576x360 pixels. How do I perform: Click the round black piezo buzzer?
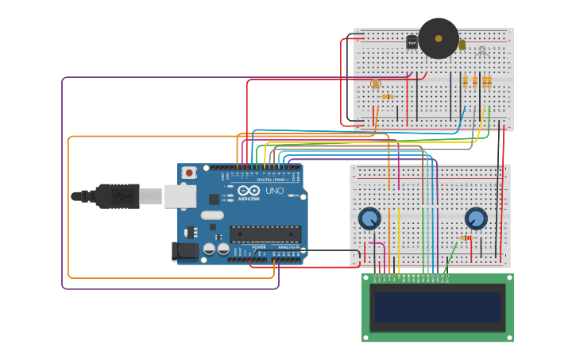(x=439, y=38)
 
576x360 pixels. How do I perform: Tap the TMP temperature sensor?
(x=412, y=43)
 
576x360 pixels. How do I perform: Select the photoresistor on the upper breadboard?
(x=376, y=83)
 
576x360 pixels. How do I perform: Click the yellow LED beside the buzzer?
(x=462, y=45)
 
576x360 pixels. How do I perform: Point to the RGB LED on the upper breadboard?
(x=481, y=51)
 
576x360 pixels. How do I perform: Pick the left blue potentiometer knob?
(x=369, y=219)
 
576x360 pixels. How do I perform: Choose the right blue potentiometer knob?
(x=476, y=219)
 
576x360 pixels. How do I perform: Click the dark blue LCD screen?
(x=438, y=308)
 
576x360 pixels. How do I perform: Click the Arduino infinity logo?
(x=249, y=191)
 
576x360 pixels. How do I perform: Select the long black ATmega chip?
(x=265, y=234)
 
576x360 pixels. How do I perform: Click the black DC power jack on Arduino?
(x=184, y=251)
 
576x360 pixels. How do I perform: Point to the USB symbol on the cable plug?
(x=119, y=195)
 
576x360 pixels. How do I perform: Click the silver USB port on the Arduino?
(x=180, y=196)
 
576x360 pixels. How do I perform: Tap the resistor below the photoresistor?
(x=387, y=97)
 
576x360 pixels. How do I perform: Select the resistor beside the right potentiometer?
(x=466, y=238)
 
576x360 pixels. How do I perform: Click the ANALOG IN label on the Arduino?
(x=288, y=247)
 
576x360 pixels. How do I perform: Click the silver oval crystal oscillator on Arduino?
(x=212, y=215)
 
